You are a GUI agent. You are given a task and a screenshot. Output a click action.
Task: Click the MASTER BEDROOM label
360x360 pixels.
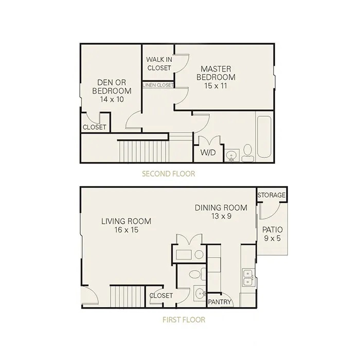pos(216,73)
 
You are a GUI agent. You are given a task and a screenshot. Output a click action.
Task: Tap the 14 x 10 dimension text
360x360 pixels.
pos(112,99)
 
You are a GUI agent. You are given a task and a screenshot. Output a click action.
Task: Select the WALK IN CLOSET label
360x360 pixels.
pos(159,64)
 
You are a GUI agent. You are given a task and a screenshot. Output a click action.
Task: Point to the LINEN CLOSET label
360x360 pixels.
pos(158,85)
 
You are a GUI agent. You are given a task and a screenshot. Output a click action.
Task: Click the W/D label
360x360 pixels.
pos(208,152)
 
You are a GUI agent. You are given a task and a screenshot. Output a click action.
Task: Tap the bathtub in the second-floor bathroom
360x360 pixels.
pos(264,137)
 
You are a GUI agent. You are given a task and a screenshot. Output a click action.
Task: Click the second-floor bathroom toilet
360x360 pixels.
pos(248,152)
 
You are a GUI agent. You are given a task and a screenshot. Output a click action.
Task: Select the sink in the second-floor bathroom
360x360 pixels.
pos(232,155)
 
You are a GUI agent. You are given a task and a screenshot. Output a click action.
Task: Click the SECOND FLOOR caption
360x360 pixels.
pos(169,174)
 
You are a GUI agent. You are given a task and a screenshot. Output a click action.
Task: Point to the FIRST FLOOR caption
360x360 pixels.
pos(184,320)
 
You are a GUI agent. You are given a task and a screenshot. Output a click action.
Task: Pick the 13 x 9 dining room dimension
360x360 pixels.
pos(221,216)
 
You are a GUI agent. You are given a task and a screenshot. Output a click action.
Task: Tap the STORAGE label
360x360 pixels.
pos(272,195)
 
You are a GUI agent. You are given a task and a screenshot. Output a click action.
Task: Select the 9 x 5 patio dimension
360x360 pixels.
pos(272,238)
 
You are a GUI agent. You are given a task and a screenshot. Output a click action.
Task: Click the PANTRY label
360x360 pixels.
pos(219,302)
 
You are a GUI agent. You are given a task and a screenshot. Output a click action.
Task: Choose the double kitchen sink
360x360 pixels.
pos(248,278)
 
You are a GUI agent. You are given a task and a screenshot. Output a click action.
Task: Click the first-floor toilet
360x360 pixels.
pos(197,274)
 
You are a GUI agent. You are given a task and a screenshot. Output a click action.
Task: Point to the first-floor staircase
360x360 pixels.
pos(127,296)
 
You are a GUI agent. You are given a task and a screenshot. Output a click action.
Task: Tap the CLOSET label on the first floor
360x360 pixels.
pos(161,296)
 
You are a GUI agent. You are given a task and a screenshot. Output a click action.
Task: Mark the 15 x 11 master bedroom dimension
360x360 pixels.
pos(215,86)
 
